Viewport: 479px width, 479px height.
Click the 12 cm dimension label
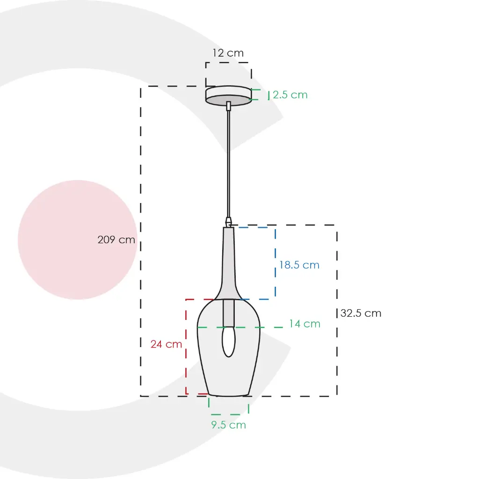228,53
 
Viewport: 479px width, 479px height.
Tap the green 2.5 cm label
290,94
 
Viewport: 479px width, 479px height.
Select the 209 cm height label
116,239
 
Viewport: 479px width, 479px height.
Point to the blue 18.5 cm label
299,265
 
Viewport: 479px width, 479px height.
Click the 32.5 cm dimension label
361,313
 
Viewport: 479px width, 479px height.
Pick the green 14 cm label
305,324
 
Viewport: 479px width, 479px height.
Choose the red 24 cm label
166,344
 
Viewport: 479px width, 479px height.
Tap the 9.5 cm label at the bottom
228,425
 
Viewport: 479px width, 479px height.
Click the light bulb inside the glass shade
228,341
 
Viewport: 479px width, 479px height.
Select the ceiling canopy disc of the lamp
228,95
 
